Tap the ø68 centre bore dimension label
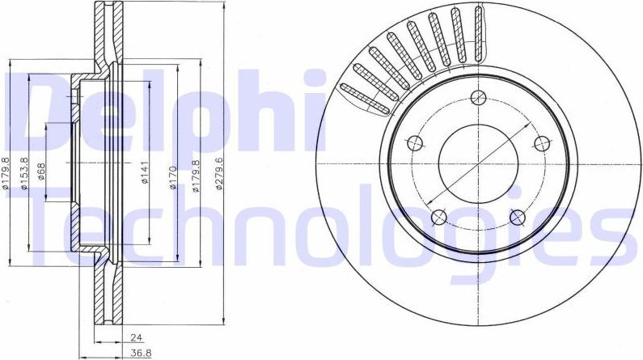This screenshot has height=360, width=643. (41, 172)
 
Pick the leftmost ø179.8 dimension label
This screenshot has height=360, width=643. (6, 174)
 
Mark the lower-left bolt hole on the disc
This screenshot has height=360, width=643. (439, 216)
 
